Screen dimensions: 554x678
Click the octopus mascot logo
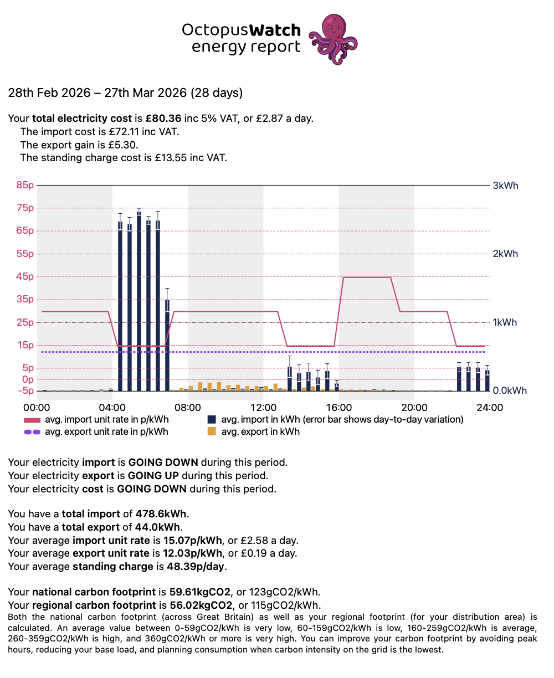333,39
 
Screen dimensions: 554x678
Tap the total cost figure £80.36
163,119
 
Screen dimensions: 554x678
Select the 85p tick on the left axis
25,185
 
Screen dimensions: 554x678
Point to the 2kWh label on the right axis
505,254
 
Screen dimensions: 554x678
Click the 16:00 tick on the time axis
338,407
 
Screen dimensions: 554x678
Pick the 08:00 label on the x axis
187,407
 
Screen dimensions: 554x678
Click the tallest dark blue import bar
139,301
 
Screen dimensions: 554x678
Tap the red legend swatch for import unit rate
32,420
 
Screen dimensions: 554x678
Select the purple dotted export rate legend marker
32,432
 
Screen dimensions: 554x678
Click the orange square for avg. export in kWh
212,432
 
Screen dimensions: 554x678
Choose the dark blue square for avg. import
212,419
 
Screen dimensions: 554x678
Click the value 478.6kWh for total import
161,513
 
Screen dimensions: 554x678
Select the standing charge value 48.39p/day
196,566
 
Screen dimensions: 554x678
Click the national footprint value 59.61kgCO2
200,592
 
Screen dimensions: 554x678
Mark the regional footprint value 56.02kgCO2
201,605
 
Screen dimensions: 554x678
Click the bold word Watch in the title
275,30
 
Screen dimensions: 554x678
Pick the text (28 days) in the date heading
217,93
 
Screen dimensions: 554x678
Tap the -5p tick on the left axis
25,391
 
